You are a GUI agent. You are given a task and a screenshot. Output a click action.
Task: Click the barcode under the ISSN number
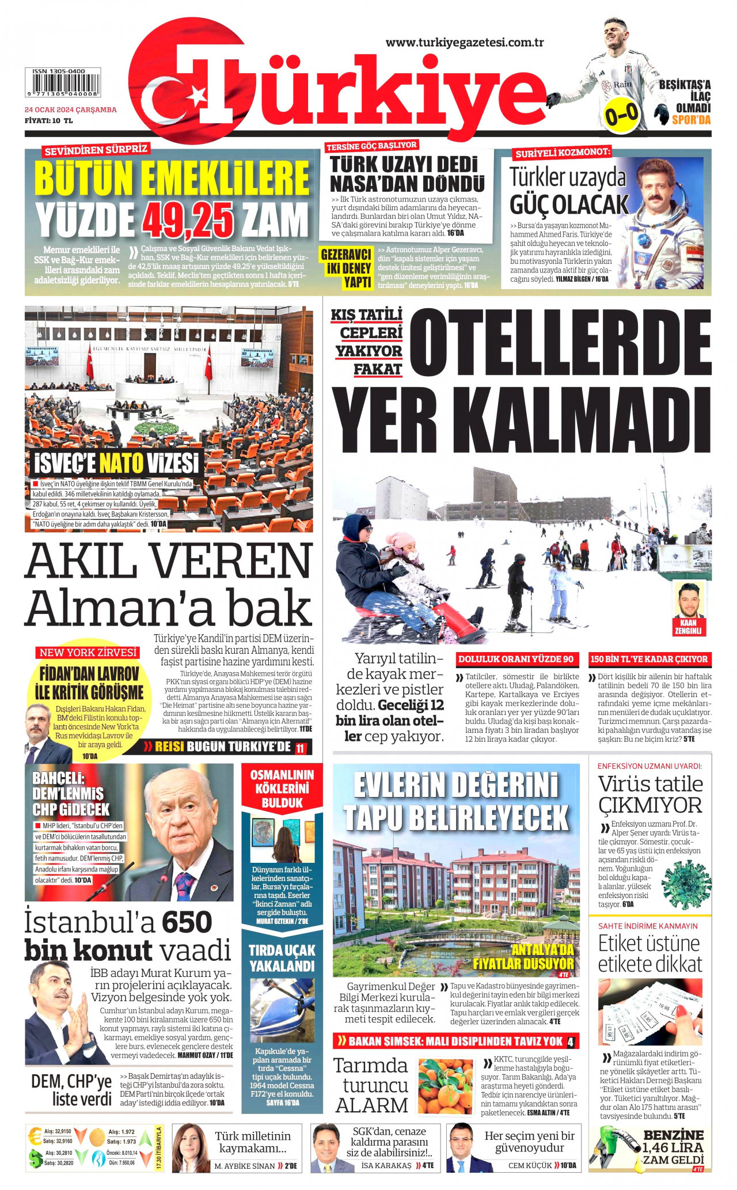pyautogui.click(x=62, y=85)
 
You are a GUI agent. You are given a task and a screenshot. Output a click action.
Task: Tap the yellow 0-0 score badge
pyautogui.click(x=621, y=115)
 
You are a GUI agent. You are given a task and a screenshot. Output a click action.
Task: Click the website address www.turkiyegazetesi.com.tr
pyautogui.click(x=465, y=43)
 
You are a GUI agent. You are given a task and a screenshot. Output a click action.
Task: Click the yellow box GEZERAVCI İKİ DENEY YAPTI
pyautogui.click(x=345, y=268)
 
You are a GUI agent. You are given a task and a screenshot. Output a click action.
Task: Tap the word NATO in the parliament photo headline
pyautogui.click(x=121, y=463)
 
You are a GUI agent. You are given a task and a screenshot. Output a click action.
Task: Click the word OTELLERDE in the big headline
pyautogui.click(x=560, y=341)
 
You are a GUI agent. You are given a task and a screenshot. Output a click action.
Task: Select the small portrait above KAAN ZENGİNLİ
pyautogui.click(x=688, y=599)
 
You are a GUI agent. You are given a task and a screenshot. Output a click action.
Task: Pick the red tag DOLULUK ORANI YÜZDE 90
pyautogui.click(x=516, y=659)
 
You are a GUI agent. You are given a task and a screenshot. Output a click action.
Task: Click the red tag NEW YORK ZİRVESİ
pyautogui.click(x=88, y=653)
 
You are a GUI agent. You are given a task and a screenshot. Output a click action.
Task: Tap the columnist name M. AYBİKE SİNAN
pyautogui.click(x=245, y=1166)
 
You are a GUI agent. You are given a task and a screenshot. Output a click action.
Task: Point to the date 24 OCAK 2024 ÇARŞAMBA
pyautogui.click(x=70, y=109)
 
